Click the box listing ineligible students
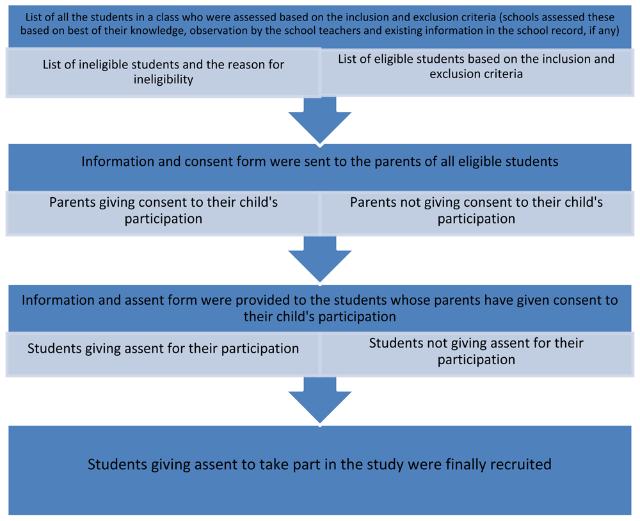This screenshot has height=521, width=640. point(163,72)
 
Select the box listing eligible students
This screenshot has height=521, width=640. point(477,72)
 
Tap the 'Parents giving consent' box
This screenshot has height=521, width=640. point(163,212)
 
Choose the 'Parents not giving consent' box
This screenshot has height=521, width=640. point(477,212)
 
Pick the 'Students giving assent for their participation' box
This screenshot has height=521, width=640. point(163,353)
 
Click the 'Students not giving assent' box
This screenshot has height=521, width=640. point(477,353)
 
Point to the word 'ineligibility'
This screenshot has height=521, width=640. point(163,79)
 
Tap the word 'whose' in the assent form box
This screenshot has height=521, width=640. point(411,301)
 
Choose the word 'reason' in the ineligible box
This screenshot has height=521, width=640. point(237,65)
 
